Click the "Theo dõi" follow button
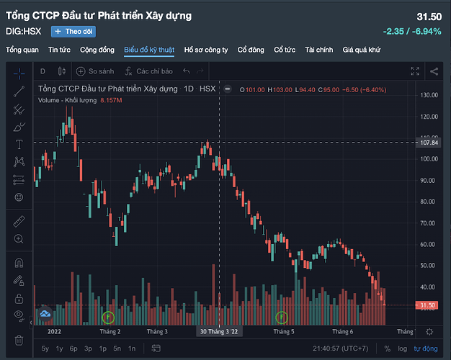pyautogui.click(x=73, y=31)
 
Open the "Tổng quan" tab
pyautogui.click(x=22, y=50)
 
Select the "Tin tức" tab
pyautogui.click(x=59, y=50)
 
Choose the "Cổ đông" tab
pyautogui.click(x=251, y=50)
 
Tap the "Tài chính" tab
pyautogui.click(x=319, y=50)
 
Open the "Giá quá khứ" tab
pyautogui.click(x=360, y=50)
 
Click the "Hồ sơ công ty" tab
pyautogui.click(x=206, y=50)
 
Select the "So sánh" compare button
pyautogui.click(x=95, y=71)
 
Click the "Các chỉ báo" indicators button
pyautogui.click(x=148, y=71)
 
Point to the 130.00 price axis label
pyautogui.click(x=430, y=95)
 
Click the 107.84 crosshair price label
pyautogui.click(x=429, y=143)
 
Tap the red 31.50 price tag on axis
pyautogui.click(x=428, y=305)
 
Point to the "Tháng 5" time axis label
pyautogui.click(x=285, y=332)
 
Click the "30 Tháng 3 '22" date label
pyautogui.click(x=219, y=332)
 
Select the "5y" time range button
pyautogui.click(x=45, y=349)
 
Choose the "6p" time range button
pyautogui.click(x=73, y=349)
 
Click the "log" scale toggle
pyautogui.click(x=403, y=349)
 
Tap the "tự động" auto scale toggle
pyautogui.click(x=425, y=349)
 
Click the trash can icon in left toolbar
pyautogui.click(x=19, y=339)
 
